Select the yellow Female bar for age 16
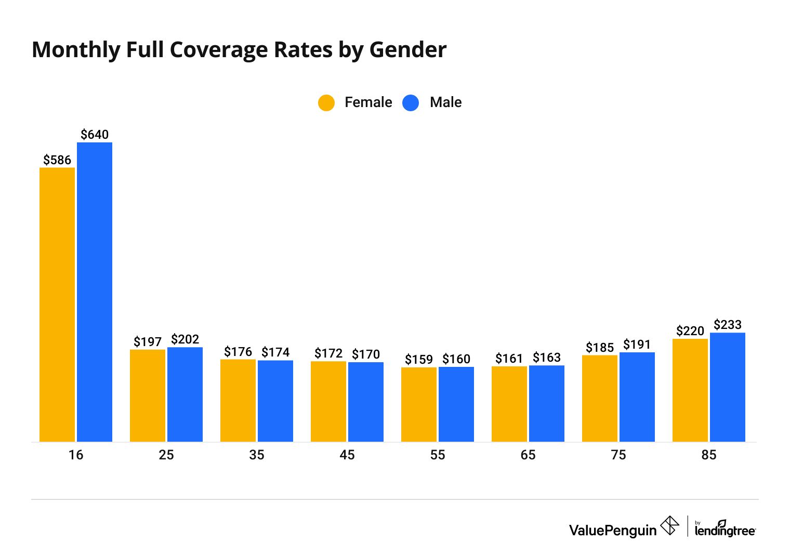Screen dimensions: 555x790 click(x=57, y=305)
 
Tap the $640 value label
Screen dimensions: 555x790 click(x=95, y=135)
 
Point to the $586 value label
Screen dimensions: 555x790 click(x=57, y=160)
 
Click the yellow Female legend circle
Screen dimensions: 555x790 click(x=326, y=102)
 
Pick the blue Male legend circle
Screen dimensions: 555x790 click(x=411, y=102)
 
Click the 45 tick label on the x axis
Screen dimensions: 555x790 click(x=347, y=455)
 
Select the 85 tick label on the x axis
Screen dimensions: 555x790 click(x=709, y=455)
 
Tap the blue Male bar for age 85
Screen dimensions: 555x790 click(x=728, y=387)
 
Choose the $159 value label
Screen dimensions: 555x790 click(x=419, y=360)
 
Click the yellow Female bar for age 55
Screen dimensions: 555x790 click(x=419, y=404)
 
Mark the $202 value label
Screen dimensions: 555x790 click(x=185, y=339)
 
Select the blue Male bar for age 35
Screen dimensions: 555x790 click(x=275, y=401)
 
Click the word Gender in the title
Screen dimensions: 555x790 click(x=408, y=50)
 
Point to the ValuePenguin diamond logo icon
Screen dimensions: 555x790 click(x=669, y=525)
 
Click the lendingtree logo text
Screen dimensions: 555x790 click(x=725, y=531)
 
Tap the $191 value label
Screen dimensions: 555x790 click(x=637, y=345)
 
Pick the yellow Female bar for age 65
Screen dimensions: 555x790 click(x=509, y=404)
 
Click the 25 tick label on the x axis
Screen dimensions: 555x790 click(x=166, y=455)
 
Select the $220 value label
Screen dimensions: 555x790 click(x=690, y=331)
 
